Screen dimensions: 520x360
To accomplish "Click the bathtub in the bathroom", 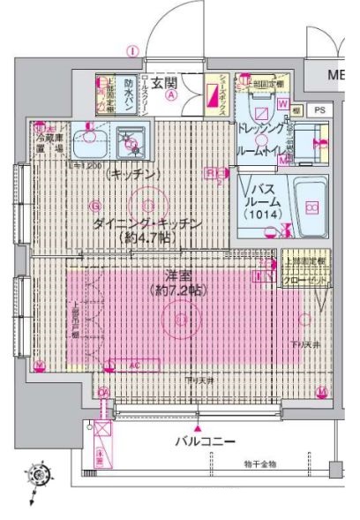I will [310, 207].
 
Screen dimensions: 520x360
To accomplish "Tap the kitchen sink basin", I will [87, 139].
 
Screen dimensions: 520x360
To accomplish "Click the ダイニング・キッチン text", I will [146, 224].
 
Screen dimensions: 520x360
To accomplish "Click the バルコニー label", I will [204, 439].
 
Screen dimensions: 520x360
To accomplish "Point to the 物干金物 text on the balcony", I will [262, 463].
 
